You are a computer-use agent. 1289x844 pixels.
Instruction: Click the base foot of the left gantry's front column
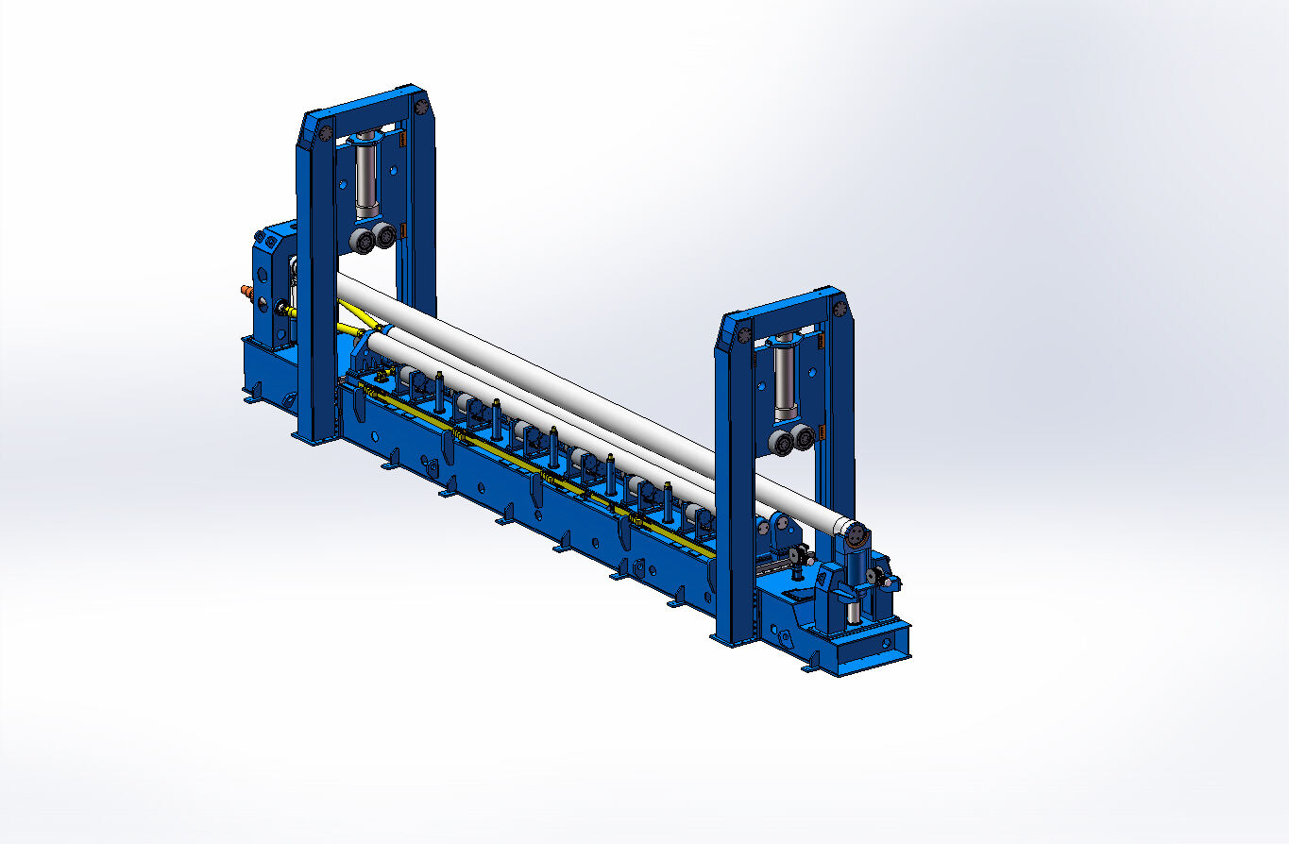click(312, 437)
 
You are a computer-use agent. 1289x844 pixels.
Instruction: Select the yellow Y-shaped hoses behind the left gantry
click(351, 319)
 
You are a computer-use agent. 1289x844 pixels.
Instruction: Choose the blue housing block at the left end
click(272, 283)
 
